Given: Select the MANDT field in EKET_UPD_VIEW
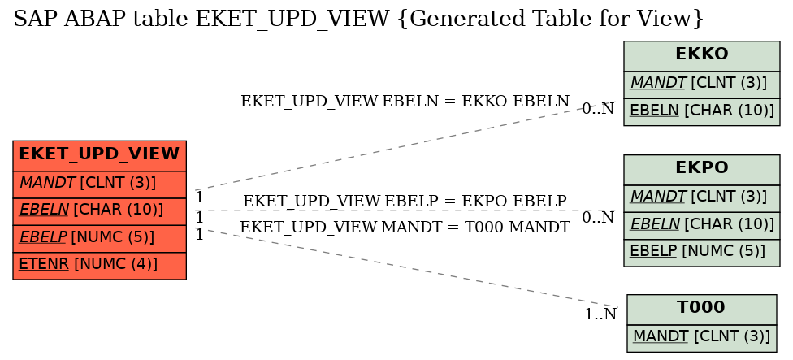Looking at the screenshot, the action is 99,184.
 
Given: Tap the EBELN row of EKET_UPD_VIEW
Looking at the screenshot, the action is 99,211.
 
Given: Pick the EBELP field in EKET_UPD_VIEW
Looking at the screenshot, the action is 99,238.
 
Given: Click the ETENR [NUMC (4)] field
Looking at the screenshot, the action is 99,266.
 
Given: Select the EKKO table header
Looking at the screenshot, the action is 701,55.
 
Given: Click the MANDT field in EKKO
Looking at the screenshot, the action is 701,85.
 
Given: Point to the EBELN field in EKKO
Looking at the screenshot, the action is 701,112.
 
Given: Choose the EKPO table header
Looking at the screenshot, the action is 701,169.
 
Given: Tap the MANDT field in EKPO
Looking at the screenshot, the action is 701,198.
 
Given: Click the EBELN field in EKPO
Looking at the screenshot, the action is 701,225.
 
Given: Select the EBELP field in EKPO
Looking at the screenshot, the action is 701,253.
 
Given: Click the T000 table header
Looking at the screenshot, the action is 701,310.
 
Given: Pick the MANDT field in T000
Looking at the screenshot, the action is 701,338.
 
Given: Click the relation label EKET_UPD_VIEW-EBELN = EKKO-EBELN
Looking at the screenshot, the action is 405,101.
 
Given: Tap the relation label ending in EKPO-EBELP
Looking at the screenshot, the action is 405,201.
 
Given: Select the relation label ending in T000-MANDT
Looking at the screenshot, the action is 405,228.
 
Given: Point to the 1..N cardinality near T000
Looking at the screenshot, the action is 600,314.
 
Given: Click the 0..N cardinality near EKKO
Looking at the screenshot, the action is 598,109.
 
